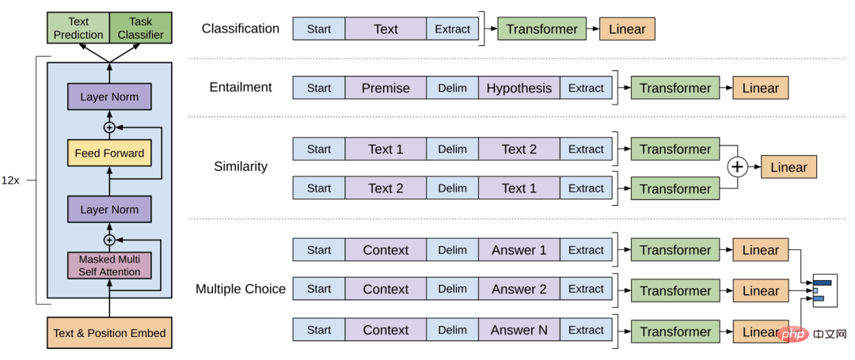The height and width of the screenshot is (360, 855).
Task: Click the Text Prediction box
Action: (x=78, y=28)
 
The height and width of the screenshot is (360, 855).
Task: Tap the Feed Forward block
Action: (x=109, y=153)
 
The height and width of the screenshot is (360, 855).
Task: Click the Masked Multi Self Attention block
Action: (x=109, y=266)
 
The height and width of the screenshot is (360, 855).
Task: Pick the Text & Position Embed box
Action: (x=109, y=333)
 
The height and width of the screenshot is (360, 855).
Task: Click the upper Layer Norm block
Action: (x=109, y=97)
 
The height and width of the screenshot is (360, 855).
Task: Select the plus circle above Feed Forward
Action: (x=109, y=127)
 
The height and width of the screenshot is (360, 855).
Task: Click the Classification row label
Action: (x=241, y=28)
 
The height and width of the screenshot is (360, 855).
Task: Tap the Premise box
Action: (x=386, y=89)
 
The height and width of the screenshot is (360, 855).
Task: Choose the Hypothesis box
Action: (x=519, y=89)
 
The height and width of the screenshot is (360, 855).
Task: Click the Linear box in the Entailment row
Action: (x=761, y=89)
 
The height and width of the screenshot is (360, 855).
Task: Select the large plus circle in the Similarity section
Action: (x=737, y=167)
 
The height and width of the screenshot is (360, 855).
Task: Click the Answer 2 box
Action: (x=519, y=290)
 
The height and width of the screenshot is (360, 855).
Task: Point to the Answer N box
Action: (x=519, y=330)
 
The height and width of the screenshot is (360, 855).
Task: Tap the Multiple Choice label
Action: (x=241, y=290)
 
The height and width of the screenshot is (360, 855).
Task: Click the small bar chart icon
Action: (x=824, y=290)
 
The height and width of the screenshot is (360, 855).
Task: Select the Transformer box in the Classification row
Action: (x=542, y=28)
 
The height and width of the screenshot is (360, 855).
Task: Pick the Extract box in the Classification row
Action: (x=453, y=28)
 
